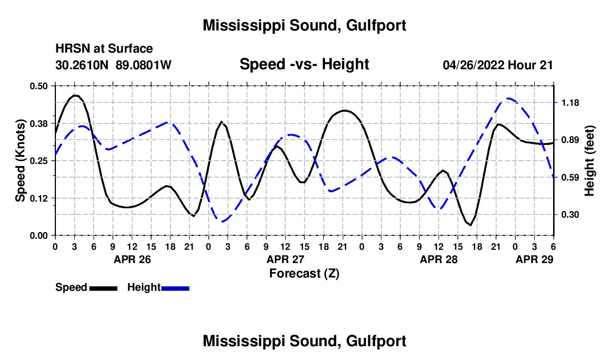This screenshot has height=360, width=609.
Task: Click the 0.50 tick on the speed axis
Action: pyautogui.click(x=38, y=86)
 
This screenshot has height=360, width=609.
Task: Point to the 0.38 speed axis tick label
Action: pyautogui.click(x=38, y=123)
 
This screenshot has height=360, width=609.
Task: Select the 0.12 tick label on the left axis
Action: pyautogui.click(x=38, y=198)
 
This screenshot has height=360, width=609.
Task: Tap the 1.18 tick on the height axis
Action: pyautogui.click(x=570, y=103)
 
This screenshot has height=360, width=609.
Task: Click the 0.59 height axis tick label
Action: pyautogui.click(x=570, y=177)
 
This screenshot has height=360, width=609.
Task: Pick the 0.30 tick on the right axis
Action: pyautogui.click(x=570, y=215)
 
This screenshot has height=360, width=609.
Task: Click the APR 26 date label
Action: pyautogui.click(x=131, y=259)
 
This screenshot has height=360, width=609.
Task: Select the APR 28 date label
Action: pyautogui.click(x=438, y=259)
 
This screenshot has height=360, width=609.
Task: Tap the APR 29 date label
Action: pyautogui.click(x=534, y=259)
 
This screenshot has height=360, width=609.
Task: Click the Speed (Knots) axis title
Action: pyautogui.click(x=20, y=161)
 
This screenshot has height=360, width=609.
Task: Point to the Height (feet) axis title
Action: pyautogui.click(x=590, y=161)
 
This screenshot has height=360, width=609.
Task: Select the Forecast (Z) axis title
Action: pyautogui.click(x=304, y=273)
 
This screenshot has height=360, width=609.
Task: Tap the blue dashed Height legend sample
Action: pyautogui.click(x=176, y=288)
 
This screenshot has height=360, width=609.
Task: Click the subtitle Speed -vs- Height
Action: pyautogui.click(x=304, y=65)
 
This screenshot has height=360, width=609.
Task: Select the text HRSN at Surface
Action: pyautogui.click(x=104, y=49)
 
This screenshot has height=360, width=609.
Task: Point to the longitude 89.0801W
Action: pyautogui.click(x=144, y=65)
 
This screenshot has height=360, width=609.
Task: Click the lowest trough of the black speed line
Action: pyautogui.click(x=471, y=225)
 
